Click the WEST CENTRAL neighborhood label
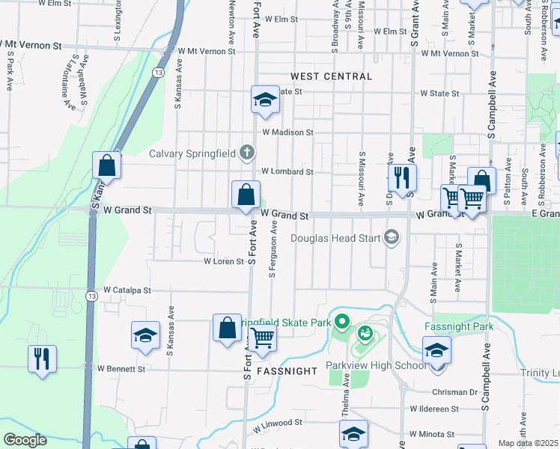click(x=331, y=76)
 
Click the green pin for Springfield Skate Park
click(x=342, y=323)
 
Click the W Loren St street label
click(x=225, y=262)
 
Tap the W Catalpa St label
click(x=127, y=290)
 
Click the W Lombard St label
click(x=286, y=171)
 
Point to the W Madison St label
click(x=287, y=132)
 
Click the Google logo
click(x=25, y=440)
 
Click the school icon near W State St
click(x=264, y=100)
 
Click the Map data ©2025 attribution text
click(x=529, y=443)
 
